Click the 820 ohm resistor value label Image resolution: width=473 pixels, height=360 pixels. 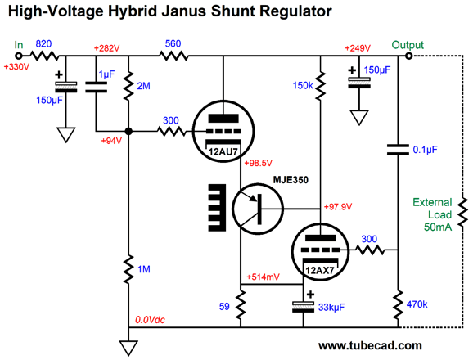pyautogui.click(x=43, y=44)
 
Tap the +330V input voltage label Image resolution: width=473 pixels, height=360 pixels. pyautogui.click(x=16, y=66)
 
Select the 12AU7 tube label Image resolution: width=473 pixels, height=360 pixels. pyautogui.click(x=223, y=151)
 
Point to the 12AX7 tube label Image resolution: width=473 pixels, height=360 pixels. pyautogui.click(x=320, y=270)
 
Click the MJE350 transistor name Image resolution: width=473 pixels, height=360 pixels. pyautogui.click(x=291, y=180)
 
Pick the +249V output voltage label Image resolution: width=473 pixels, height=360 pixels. pyautogui.click(x=358, y=48)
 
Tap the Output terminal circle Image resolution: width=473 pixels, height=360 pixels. pyautogui.click(x=408, y=56)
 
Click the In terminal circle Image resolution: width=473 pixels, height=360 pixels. pyautogui.click(x=19, y=56)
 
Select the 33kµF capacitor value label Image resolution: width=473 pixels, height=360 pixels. pyautogui.click(x=331, y=308)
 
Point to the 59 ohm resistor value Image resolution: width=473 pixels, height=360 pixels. pyautogui.click(x=224, y=307)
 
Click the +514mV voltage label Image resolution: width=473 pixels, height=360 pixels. pyautogui.click(x=263, y=277)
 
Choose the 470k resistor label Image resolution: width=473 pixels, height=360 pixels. pyautogui.click(x=417, y=304)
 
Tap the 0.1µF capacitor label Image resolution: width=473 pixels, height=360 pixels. pyautogui.click(x=425, y=150)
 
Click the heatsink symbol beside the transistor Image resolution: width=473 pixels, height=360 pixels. pyautogui.click(x=217, y=208)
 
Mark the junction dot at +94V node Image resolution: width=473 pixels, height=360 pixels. pyautogui.click(x=128, y=131)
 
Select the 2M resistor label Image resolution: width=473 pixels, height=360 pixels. pyautogui.click(x=143, y=86)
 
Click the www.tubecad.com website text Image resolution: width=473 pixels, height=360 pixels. pyautogui.click(x=370, y=345)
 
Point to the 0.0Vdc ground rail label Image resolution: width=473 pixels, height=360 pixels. pyautogui.click(x=150, y=320)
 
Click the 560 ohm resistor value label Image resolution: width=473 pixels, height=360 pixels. pyautogui.click(x=173, y=44)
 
